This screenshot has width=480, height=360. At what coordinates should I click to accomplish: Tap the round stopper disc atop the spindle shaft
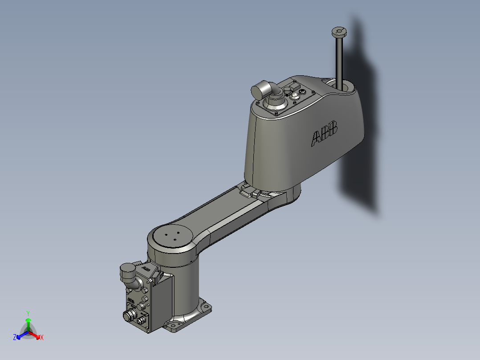click(x=339, y=32)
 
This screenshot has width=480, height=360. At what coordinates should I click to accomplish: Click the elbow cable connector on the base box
click(x=129, y=272)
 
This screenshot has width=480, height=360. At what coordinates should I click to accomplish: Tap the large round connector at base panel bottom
click(x=130, y=315)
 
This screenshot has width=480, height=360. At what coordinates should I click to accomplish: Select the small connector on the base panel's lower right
click(x=142, y=319)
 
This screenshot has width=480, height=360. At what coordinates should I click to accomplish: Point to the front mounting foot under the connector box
click(x=174, y=327)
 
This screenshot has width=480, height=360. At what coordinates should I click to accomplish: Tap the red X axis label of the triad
click(x=42, y=338)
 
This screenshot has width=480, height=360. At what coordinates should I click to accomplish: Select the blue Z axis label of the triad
click(x=15, y=338)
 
